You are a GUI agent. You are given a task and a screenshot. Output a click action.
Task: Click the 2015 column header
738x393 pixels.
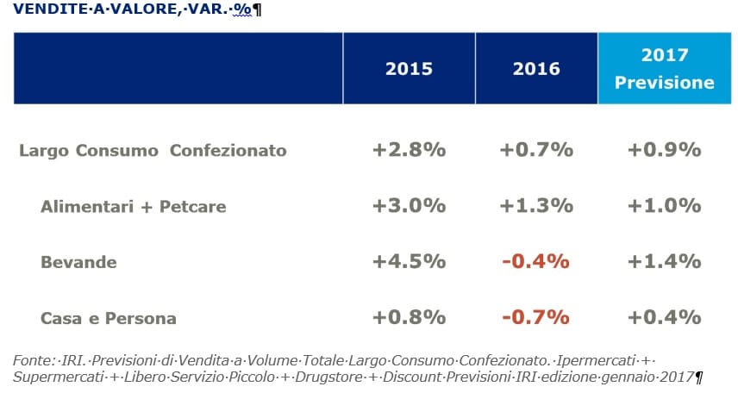[x=409, y=69]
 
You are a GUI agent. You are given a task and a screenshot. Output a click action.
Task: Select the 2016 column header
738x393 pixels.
[x=536, y=69]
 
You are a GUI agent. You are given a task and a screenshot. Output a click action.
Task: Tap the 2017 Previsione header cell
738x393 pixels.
[x=665, y=68]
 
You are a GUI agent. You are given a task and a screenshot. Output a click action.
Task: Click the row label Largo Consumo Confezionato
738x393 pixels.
[x=153, y=151]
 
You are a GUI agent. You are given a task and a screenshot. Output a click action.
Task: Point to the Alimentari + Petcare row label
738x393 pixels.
[x=133, y=207]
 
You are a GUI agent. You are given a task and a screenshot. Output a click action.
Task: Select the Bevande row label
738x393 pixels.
[x=78, y=262]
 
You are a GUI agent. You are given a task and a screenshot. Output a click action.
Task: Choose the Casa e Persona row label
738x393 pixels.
[x=109, y=318]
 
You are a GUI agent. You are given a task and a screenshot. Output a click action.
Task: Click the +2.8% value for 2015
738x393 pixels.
[x=409, y=150]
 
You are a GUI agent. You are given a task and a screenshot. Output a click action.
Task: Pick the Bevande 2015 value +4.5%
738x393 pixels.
[x=409, y=261]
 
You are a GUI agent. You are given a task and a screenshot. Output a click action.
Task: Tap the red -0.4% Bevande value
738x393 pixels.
[x=535, y=261]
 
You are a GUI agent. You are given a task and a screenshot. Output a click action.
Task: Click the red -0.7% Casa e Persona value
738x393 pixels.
[x=535, y=317]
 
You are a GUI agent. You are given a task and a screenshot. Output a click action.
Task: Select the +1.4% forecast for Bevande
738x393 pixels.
[x=665, y=261]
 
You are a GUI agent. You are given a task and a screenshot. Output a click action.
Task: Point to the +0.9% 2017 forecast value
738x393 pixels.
[x=665, y=150]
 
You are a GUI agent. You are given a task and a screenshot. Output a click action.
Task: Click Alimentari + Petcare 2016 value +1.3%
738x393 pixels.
[x=536, y=206]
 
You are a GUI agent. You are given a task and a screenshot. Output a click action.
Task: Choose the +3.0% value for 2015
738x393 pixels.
[x=409, y=206]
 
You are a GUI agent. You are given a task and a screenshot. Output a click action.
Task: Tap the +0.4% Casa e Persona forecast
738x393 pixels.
[x=665, y=317]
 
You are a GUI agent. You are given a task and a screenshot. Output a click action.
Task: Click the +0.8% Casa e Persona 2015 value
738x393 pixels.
[x=409, y=317]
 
